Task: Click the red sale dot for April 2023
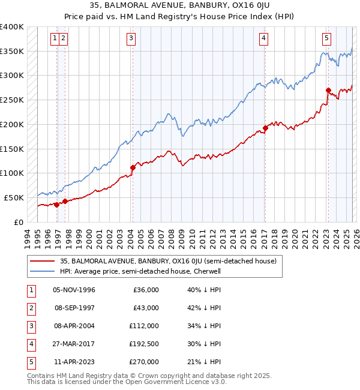pyautogui.click(x=328, y=91)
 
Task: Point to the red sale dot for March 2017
pyautogui.click(x=265, y=128)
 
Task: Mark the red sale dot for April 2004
pyautogui.click(x=133, y=167)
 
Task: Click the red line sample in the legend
pyautogui.click(x=43, y=261)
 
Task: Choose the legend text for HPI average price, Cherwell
pyautogui.click(x=140, y=271)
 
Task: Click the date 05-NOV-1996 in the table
pyautogui.click(x=74, y=290)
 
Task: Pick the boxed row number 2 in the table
pyautogui.click(x=29, y=308)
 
